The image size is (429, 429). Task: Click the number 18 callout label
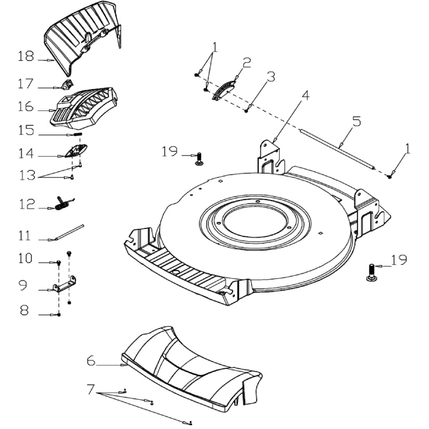coord(26,56)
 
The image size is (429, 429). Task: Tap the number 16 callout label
coord(26,107)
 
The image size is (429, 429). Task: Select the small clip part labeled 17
coord(67,84)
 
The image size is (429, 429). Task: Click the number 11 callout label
coord(25,236)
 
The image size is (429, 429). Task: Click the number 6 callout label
coord(91,361)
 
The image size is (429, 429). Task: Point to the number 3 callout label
coord(271,77)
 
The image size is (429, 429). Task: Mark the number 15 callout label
coord(26,130)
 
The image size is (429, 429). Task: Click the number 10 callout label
coord(26,258)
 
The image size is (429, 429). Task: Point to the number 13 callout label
coord(25,174)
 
